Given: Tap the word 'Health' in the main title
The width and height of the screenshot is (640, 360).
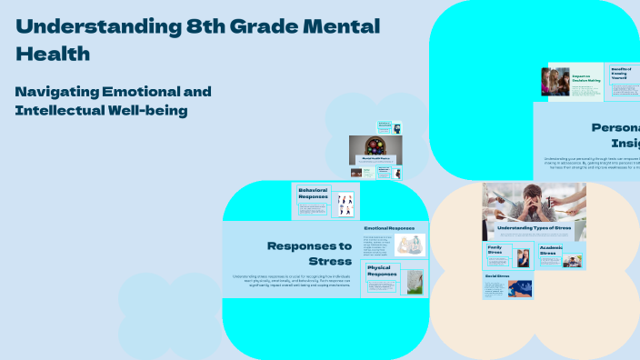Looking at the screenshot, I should [x=53, y=55].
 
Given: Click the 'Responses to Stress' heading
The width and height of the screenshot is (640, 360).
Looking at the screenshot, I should [x=309, y=254].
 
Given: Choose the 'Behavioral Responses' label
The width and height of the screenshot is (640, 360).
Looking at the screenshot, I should [x=313, y=193].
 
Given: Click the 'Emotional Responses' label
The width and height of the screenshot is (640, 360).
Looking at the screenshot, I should [x=388, y=228].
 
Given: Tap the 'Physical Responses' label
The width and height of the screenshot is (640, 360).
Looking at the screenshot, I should [x=382, y=270].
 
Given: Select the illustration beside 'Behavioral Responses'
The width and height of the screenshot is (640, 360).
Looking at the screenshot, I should [x=344, y=204].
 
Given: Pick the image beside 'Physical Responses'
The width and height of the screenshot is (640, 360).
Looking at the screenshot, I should [x=414, y=282].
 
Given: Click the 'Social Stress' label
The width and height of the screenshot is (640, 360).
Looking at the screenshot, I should [x=495, y=275].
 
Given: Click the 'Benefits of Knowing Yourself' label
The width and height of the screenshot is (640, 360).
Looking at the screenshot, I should [x=621, y=73].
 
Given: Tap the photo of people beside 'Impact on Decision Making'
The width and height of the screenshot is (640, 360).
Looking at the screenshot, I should [x=555, y=82].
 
